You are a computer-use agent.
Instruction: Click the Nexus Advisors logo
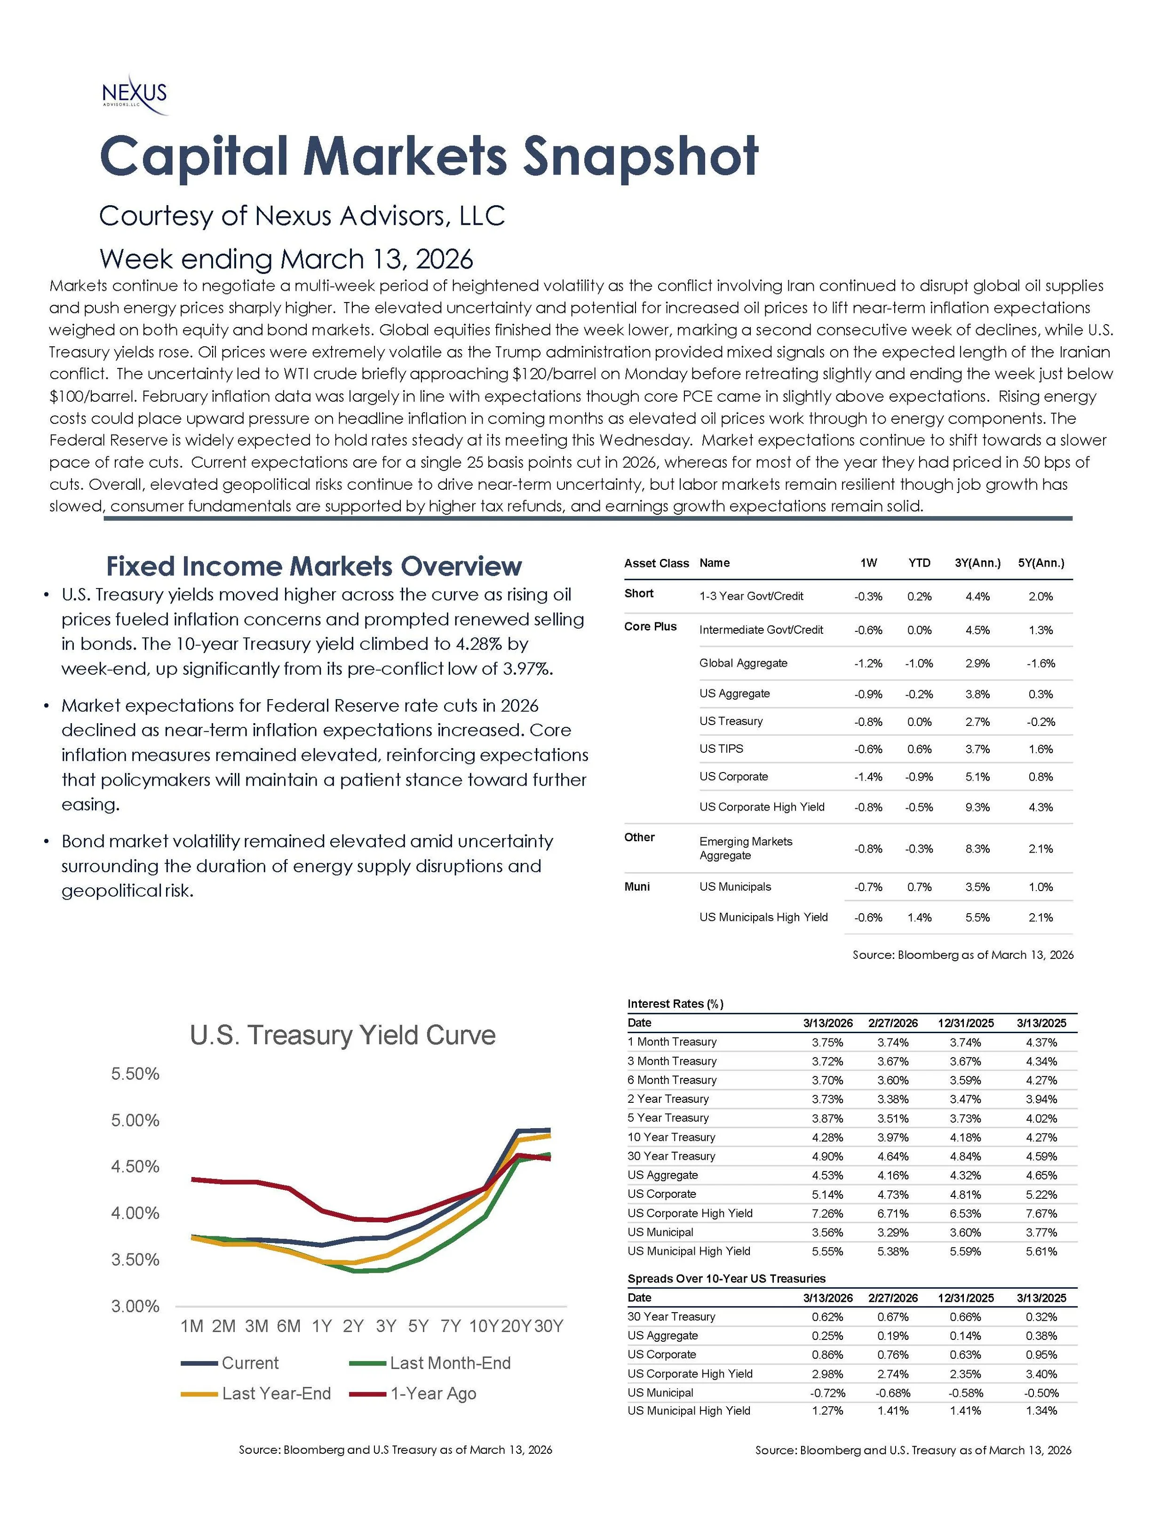click(x=135, y=96)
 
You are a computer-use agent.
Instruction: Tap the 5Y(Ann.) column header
click(x=1041, y=563)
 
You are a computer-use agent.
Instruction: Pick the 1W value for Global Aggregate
click(x=868, y=663)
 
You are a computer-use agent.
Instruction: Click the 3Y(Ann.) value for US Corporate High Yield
click(x=977, y=807)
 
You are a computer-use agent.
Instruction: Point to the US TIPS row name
click(x=721, y=749)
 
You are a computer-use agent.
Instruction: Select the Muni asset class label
click(x=637, y=886)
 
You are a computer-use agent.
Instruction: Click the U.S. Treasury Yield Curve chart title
click(x=343, y=1035)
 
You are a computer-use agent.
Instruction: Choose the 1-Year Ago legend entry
click(x=433, y=1393)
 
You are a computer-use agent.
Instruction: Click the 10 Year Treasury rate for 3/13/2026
click(x=827, y=1137)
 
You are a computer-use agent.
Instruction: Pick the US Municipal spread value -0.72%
click(x=827, y=1392)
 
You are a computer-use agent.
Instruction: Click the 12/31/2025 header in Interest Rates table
click(x=966, y=1023)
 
